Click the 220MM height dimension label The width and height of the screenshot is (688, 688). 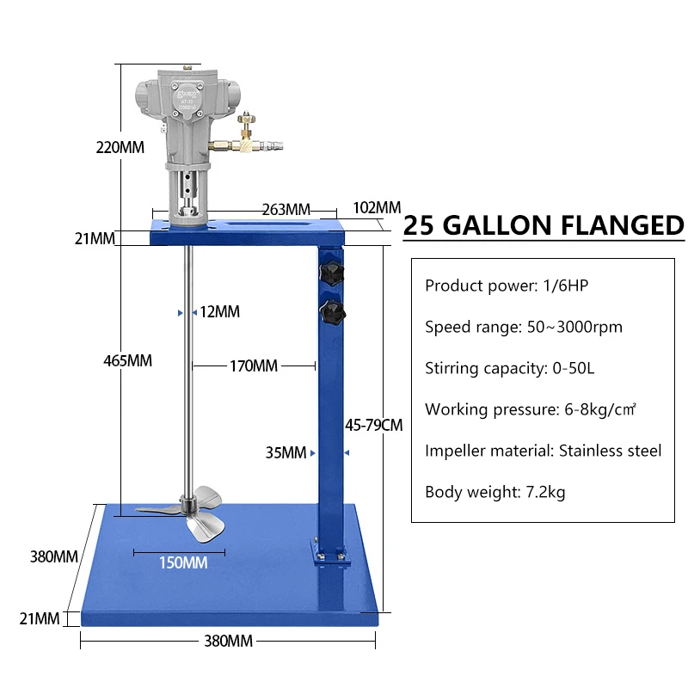pyautogui.click(x=120, y=147)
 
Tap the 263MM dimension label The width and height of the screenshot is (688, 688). pyautogui.click(x=286, y=210)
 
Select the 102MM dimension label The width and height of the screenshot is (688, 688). pyautogui.click(x=377, y=207)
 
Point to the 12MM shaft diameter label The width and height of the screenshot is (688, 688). pyautogui.click(x=219, y=312)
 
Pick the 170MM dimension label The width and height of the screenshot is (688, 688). pyautogui.click(x=253, y=366)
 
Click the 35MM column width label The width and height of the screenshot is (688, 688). pyautogui.click(x=286, y=452)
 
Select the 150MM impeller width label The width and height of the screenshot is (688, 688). pyautogui.click(x=182, y=563)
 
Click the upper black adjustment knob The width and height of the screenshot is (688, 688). pyautogui.click(x=331, y=274)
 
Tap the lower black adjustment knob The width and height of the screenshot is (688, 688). pyautogui.click(x=331, y=312)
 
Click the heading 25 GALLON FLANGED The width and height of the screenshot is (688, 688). pyautogui.click(x=544, y=226)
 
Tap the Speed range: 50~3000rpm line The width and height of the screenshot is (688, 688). pyautogui.click(x=524, y=327)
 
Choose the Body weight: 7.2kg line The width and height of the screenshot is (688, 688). pyautogui.click(x=495, y=492)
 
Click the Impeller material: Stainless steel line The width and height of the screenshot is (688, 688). pyautogui.click(x=544, y=451)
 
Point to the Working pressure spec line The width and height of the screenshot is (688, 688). pyautogui.click(x=531, y=409)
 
